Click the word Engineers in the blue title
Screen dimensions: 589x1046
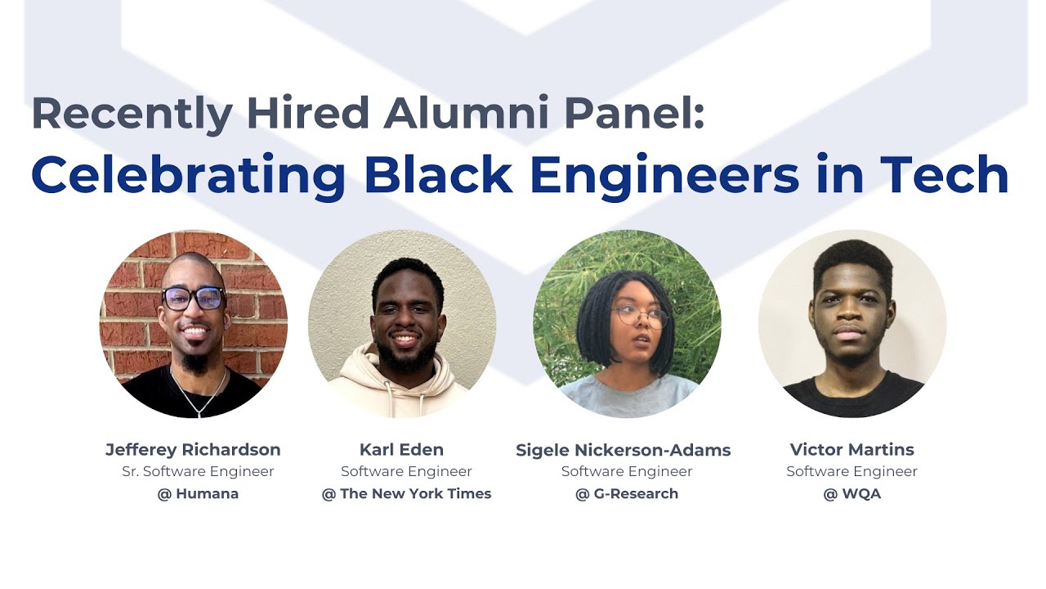pos(664,173)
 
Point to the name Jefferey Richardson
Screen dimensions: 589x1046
pos(193,449)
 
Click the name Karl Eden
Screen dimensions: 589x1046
pos(401,449)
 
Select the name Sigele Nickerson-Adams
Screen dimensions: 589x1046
pos(624,449)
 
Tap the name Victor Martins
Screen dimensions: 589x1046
pos(852,449)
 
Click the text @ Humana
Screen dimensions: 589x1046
pos(198,493)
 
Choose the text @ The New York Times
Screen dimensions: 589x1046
pos(406,493)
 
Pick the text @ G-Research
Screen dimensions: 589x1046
pos(627,493)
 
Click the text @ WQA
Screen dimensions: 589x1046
pos(852,493)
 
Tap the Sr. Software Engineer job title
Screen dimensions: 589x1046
pos(198,471)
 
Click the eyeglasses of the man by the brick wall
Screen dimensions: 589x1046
pos(194,299)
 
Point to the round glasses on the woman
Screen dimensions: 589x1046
pos(639,316)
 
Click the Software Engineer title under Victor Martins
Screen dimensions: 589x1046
pos(852,471)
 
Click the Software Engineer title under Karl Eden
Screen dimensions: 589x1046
pos(406,471)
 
